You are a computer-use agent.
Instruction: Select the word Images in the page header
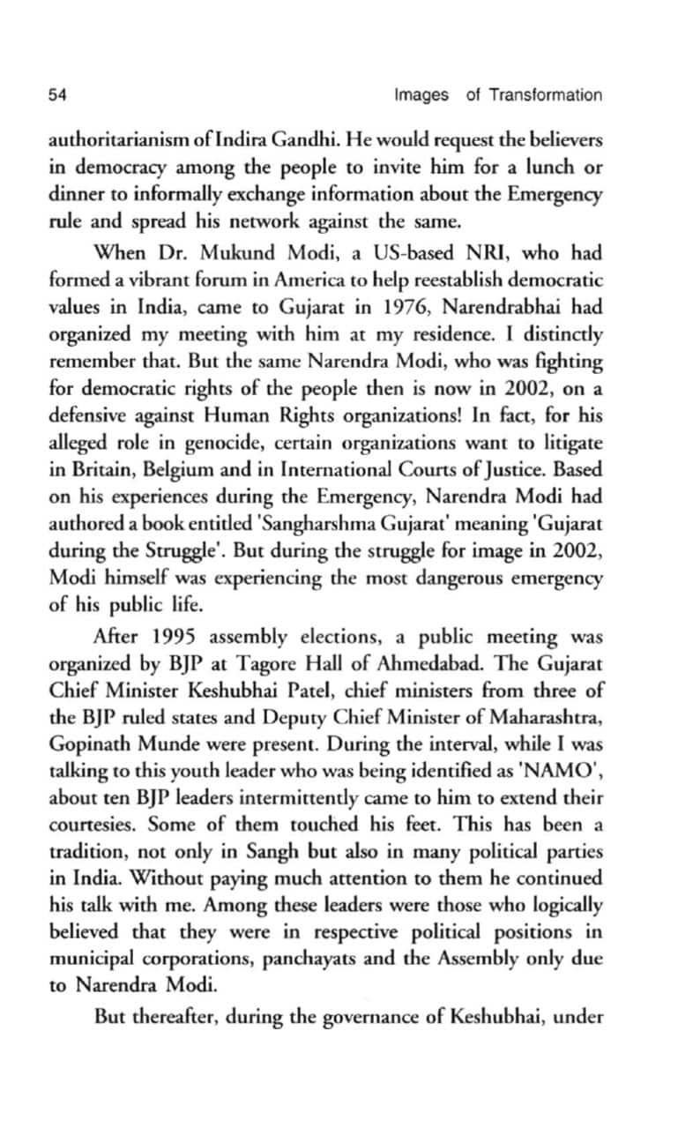click(x=421, y=95)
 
